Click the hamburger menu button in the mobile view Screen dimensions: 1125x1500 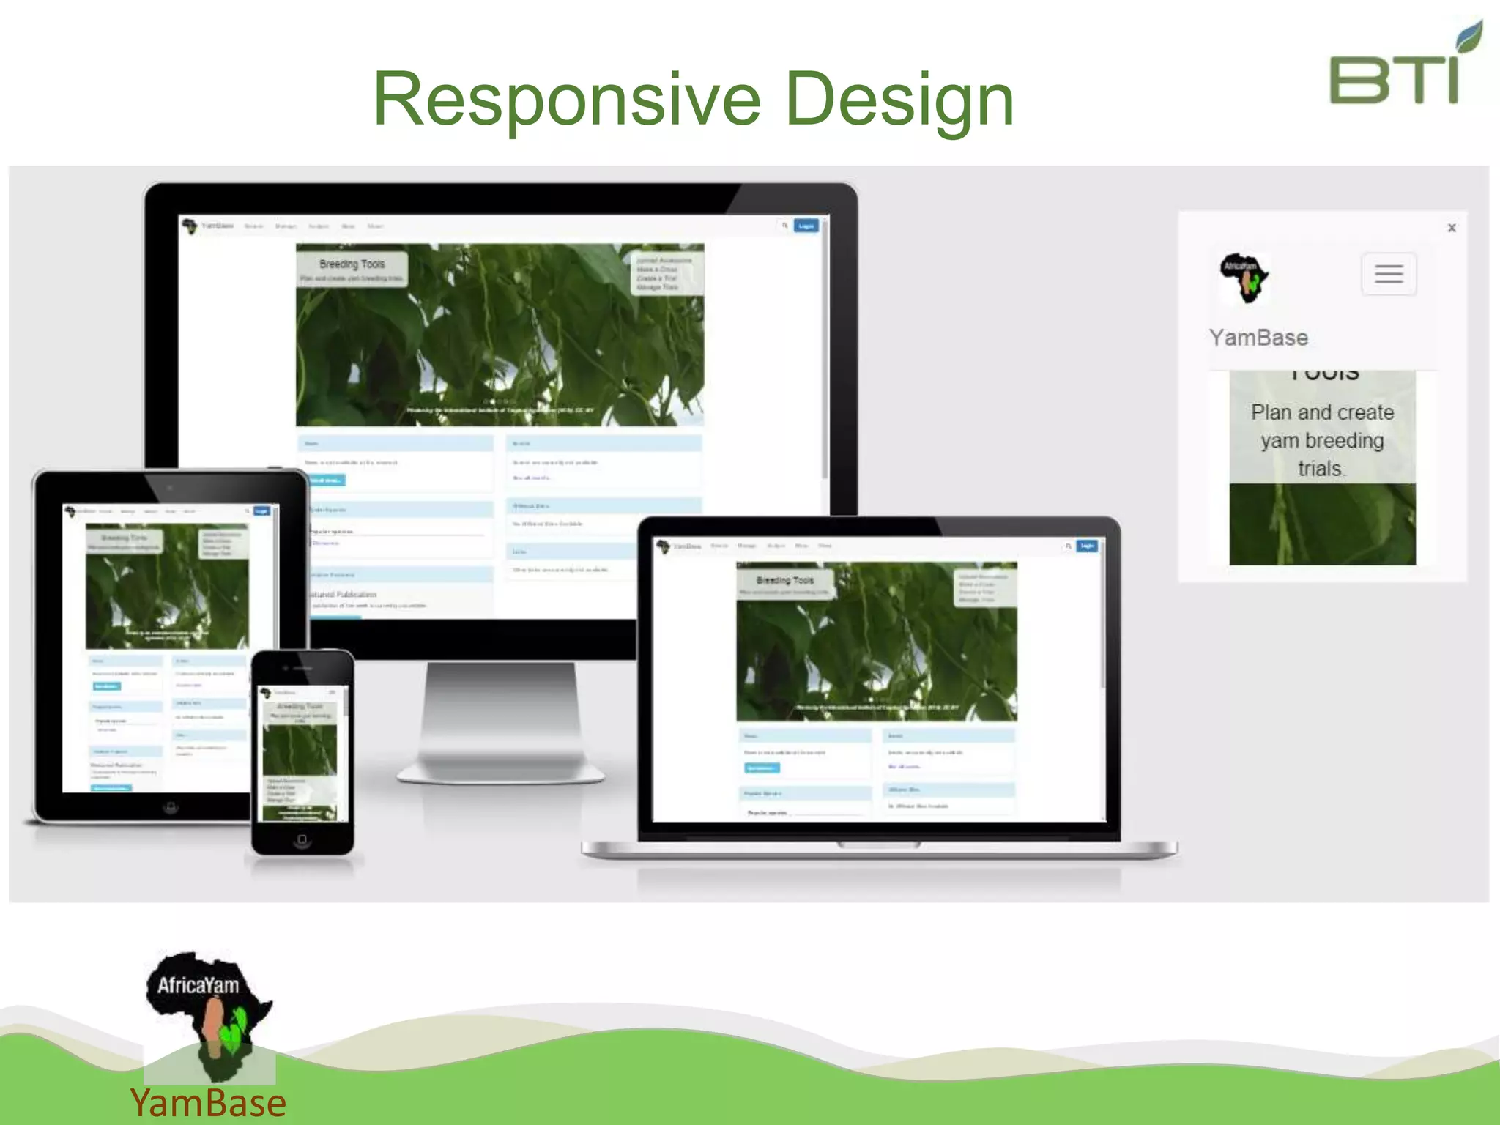pos(1389,275)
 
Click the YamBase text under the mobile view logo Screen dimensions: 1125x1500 pos(1258,338)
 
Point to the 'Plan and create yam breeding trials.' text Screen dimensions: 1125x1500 pos(1322,440)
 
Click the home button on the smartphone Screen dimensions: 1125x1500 pos(302,839)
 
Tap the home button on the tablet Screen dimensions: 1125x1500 pos(170,807)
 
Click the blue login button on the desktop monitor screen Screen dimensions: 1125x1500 pos(806,226)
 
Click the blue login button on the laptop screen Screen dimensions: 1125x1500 pos(1087,546)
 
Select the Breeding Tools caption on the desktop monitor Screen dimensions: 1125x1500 pos(352,264)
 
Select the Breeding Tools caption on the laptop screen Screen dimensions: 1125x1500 pos(784,581)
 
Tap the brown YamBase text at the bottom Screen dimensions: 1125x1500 pos(208,1103)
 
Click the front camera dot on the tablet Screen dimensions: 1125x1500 pos(170,487)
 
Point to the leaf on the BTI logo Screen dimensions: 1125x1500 pos(1469,37)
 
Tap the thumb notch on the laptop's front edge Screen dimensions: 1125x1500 pos(879,845)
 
